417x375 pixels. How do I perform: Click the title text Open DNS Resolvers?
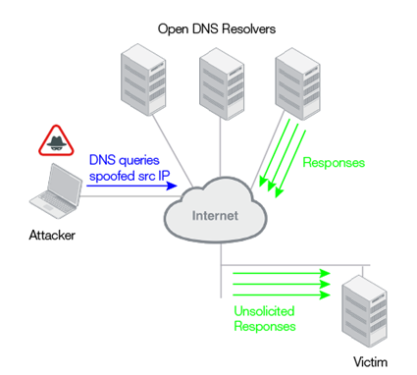click(x=217, y=28)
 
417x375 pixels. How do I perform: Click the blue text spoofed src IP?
click(x=130, y=174)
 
